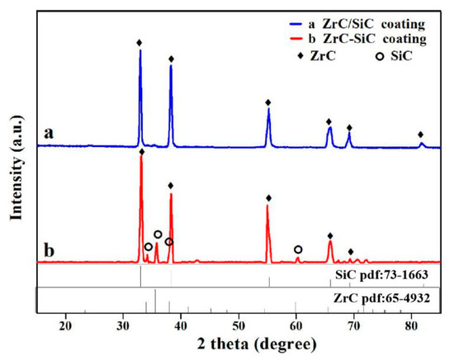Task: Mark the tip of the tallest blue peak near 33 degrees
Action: (x=140, y=50)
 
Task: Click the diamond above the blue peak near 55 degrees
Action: (x=268, y=102)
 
